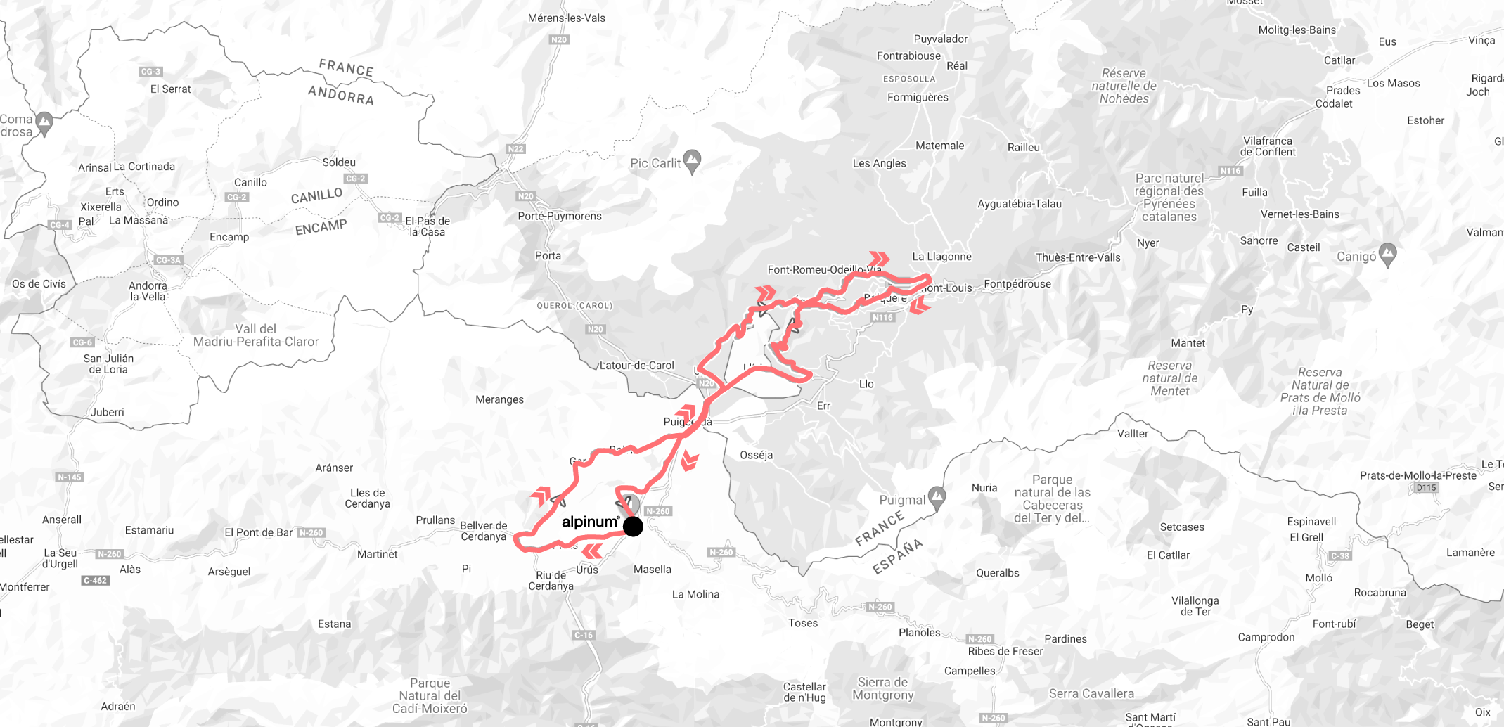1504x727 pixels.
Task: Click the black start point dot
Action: (633, 526)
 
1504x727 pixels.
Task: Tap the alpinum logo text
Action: (590, 522)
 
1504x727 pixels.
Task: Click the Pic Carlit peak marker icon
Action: (693, 161)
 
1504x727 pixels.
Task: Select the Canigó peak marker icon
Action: (1388, 255)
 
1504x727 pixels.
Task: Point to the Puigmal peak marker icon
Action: (937, 498)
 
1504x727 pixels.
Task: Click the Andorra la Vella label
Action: (148, 291)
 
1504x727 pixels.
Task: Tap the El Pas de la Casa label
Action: (428, 226)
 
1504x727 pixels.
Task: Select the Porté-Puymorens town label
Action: (560, 216)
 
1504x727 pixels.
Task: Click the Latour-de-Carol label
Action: (636, 365)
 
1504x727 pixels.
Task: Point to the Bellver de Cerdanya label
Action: (484, 531)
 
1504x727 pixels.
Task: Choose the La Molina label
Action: (695, 594)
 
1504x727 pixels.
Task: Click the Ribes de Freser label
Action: (1005, 651)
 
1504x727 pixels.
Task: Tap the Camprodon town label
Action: (1266, 637)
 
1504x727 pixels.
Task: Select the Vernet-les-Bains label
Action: (1300, 214)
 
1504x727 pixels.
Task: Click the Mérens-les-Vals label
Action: (566, 18)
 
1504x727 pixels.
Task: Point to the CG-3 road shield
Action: (150, 71)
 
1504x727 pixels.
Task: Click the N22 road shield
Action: (515, 148)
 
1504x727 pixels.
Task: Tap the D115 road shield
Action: (1426, 487)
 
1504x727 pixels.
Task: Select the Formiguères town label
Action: (918, 97)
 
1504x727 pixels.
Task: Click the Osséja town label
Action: (757, 455)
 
